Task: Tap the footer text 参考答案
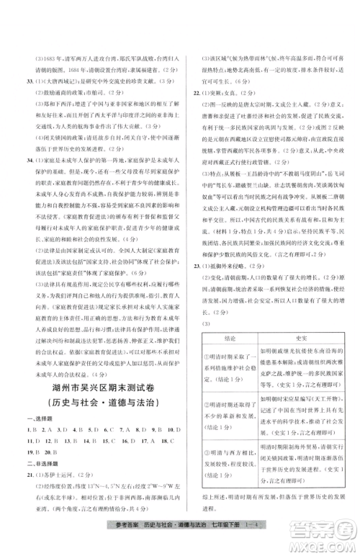pyautogui.click(x=125, y=534)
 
